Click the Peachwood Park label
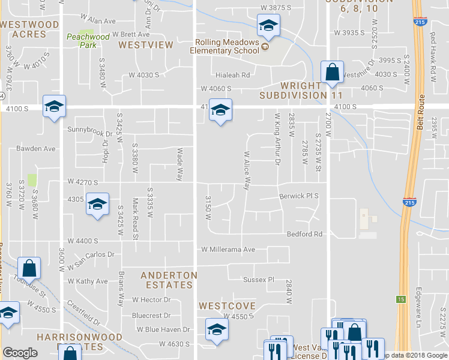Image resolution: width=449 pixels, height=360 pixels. tap(88, 41)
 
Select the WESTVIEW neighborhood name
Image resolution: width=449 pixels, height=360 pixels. tap(146, 45)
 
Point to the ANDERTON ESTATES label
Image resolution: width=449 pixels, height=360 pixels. tap(169, 280)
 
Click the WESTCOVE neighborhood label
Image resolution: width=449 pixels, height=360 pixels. tap(228, 305)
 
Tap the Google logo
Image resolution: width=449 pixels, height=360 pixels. tap(20, 353)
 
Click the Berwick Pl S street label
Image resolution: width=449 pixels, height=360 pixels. tap(299, 196)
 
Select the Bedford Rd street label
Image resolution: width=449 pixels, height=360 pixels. tap(304, 234)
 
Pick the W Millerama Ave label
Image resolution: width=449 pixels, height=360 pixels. tap(228, 249)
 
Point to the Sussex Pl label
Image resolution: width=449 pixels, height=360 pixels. tap(258, 280)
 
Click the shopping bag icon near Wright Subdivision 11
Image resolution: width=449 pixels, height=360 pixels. tap(332, 73)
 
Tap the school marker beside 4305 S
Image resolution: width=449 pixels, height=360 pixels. tap(97, 204)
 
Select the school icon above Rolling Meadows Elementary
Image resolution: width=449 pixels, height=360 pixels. tap(268, 25)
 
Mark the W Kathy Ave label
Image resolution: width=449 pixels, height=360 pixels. tap(88, 281)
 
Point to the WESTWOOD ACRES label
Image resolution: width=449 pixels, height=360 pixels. tap(29, 29)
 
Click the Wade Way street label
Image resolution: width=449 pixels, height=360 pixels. tap(179, 164)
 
